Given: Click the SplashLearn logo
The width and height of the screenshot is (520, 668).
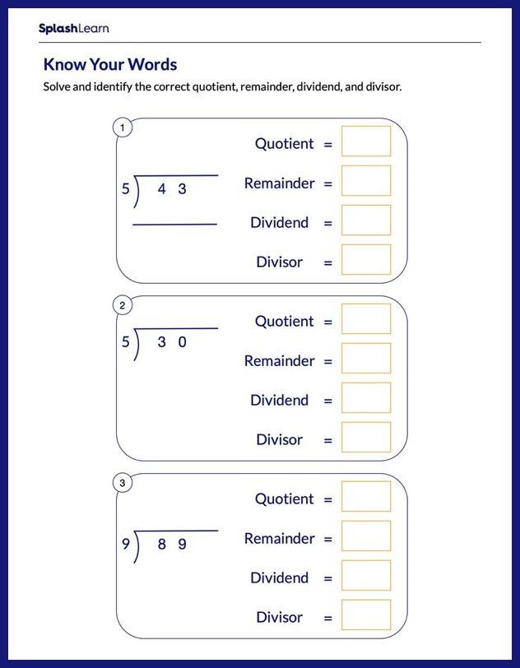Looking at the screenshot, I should [x=73, y=29].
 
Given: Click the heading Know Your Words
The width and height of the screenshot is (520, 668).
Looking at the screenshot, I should [x=109, y=64].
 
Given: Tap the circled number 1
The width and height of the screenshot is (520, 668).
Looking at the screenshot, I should [x=123, y=128].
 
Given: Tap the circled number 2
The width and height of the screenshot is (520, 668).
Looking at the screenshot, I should [x=123, y=305].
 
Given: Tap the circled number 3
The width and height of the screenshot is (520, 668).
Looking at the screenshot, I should [x=123, y=483].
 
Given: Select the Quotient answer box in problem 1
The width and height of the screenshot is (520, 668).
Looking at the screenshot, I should [x=366, y=141].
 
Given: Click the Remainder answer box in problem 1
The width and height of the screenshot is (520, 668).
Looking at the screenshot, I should [x=366, y=180].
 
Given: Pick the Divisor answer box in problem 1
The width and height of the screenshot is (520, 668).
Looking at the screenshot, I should [x=366, y=259].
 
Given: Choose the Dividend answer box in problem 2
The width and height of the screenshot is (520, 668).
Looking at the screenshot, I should [x=366, y=397].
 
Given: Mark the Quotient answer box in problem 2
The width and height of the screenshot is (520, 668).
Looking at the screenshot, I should [x=366, y=318].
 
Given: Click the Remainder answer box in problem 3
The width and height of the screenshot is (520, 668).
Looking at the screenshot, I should [x=366, y=536].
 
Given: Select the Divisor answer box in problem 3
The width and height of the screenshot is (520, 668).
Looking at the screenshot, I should [x=366, y=615].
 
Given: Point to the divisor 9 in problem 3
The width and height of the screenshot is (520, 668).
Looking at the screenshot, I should [x=126, y=544].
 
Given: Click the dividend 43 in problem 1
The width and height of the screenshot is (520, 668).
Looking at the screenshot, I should [x=172, y=189].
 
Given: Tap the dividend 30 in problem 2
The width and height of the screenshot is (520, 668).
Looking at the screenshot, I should [x=172, y=342].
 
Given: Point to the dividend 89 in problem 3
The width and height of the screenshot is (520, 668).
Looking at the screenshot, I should [x=172, y=544].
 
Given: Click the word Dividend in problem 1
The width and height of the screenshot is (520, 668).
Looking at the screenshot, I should [x=280, y=222].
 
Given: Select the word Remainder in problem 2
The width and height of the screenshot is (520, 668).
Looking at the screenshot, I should [x=280, y=360].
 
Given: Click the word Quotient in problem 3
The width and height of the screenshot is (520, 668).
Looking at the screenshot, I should [x=285, y=499].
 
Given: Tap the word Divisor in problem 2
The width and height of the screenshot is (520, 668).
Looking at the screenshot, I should [x=280, y=439].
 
